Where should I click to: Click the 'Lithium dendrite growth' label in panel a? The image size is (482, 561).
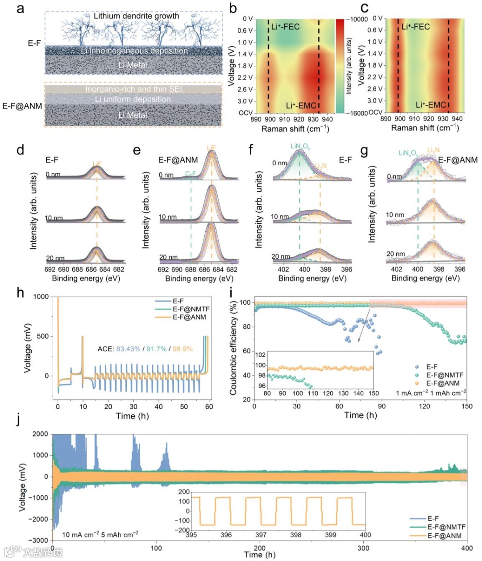coord(136,16)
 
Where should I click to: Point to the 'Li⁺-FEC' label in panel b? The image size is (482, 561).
coord(286,27)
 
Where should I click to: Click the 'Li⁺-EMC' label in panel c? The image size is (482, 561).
coord(431,105)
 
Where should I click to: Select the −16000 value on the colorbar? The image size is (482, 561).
coord(355,113)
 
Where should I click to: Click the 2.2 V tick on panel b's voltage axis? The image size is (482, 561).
coord(245,78)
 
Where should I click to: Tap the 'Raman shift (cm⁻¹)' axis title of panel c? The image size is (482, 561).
coord(425,128)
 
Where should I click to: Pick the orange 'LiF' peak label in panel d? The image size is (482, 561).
coord(97,164)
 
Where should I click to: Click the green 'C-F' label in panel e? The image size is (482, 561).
coord(191,174)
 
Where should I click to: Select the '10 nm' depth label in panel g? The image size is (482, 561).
coord(395,215)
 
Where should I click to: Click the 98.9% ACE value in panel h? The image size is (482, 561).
coord(183,348)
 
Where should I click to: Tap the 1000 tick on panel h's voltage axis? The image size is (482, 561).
coord(41,297)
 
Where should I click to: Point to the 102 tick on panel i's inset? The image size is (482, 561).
coord(260,355)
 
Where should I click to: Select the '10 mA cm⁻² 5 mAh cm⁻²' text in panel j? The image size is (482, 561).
coord(100,535)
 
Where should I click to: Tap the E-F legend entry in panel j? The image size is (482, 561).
coord(433,519)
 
